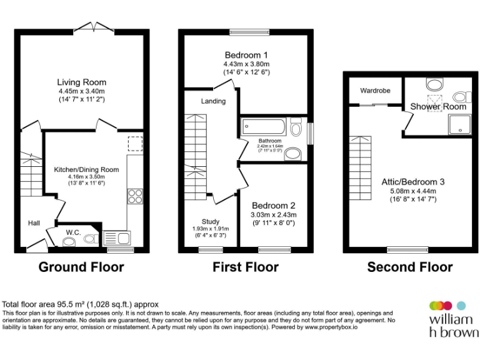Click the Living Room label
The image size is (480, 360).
click(82, 82)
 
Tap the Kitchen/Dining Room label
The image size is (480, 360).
click(86, 169)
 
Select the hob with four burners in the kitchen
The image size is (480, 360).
click(134, 196)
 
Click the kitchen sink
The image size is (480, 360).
click(117, 237)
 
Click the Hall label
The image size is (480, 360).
click(34, 222)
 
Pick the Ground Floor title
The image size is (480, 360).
click(81, 267)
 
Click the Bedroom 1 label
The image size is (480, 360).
click(246, 55)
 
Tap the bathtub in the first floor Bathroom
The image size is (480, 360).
click(264, 127)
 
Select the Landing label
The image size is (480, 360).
click(213, 101)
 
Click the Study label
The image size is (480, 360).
click(210, 222)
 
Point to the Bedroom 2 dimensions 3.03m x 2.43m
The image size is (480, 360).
click(273, 215)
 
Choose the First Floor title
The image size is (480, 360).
click(246, 267)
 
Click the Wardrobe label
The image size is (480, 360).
click(375, 91)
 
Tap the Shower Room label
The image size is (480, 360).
click(438, 107)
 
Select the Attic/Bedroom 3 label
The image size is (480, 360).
click(413, 182)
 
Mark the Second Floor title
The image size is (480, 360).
click(409, 267)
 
